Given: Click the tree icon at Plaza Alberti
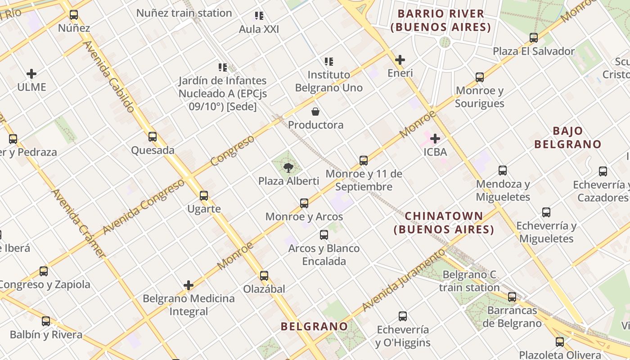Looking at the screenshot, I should (288, 168).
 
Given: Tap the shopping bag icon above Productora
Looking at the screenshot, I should (315, 112).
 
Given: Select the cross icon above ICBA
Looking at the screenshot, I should (435, 139).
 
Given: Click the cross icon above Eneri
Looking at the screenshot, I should (400, 60).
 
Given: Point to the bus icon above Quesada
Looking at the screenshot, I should (153, 137).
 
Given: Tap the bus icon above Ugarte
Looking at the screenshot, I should (204, 196).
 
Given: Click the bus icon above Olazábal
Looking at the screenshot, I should (264, 276).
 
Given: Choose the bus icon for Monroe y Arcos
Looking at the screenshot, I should (304, 203).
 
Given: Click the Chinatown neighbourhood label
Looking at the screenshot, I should (444, 223).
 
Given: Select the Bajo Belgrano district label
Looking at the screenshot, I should (568, 138).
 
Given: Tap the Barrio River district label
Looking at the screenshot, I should (441, 21).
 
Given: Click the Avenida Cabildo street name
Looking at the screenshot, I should (109, 77).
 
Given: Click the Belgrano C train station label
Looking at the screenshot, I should (469, 281).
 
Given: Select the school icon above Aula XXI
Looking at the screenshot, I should (259, 16).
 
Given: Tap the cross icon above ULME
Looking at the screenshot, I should (31, 74).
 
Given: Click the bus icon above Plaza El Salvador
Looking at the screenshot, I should (534, 38).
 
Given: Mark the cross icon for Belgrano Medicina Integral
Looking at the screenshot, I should (189, 285).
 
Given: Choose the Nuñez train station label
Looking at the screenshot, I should (184, 13).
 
